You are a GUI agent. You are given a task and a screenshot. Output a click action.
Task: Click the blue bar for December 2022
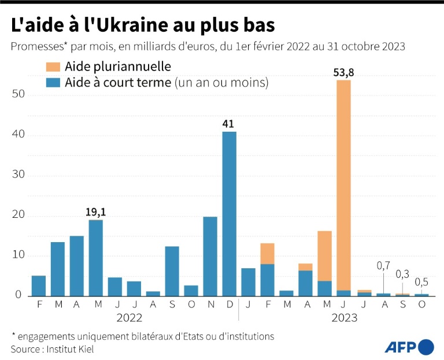[x=230, y=214]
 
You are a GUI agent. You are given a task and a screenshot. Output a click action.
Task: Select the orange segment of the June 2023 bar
[x=343, y=185]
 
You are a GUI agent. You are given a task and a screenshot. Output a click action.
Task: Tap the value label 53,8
[x=343, y=73]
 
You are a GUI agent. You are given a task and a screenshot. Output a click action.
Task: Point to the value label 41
[x=230, y=124]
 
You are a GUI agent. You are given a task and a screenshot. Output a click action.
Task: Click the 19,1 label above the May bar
[x=95, y=212]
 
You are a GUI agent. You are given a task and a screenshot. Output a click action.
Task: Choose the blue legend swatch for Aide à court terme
[x=54, y=83]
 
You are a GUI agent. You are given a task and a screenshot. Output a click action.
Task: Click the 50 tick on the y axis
[x=18, y=95]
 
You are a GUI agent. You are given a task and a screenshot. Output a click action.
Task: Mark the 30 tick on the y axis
[x=18, y=176]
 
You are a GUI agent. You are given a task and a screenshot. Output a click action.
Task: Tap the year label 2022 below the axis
[x=129, y=317]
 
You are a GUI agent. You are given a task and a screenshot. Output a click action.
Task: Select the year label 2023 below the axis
[x=344, y=317]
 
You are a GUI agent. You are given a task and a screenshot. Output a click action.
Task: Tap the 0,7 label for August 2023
[x=383, y=266]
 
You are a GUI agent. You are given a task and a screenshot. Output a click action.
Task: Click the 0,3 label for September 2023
[x=402, y=273]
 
